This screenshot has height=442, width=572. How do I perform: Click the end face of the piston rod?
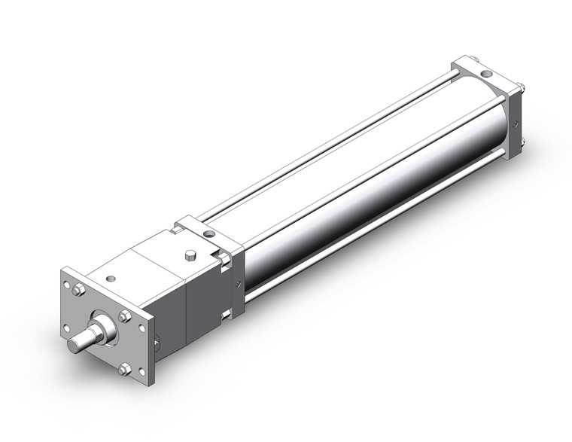coord(74,346)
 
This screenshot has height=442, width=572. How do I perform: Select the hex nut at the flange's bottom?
coord(125,368)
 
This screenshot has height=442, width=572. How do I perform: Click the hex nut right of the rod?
coord(125,316)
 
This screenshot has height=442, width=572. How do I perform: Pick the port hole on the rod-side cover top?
coord(212,236)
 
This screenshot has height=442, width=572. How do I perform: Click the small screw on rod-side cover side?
coord(239,283)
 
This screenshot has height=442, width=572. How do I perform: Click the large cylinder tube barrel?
coord(361,188)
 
